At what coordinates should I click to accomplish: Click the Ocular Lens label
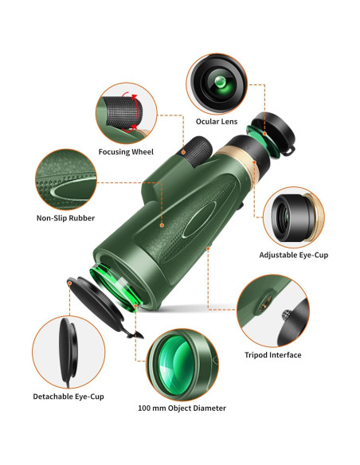coord(217,121)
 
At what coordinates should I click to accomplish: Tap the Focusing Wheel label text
coord(126,151)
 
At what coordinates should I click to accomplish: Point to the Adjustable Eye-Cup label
coord(293,255)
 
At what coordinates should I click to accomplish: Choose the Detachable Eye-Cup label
coord(68,396)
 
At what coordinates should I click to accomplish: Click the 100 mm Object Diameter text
coord(181,408)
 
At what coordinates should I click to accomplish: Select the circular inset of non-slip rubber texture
coord(67,179)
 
